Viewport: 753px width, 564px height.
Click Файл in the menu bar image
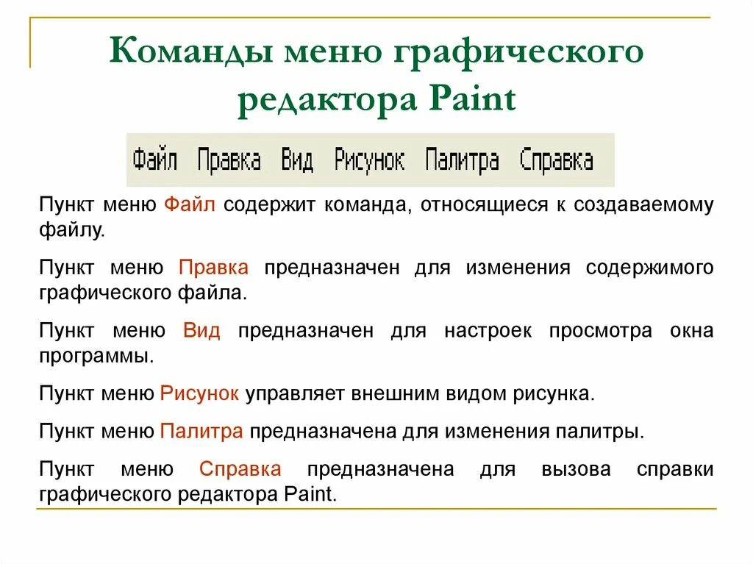[155, 160]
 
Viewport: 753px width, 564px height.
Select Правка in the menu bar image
[229, 160]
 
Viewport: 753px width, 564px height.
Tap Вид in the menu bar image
[297, 160]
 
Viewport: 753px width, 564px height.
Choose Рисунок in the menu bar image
[369, 160]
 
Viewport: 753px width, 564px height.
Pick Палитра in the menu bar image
[462, 160]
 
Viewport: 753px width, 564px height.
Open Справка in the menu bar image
[557, 160]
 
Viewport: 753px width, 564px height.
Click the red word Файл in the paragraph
[189, 204]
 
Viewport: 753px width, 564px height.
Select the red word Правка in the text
[213, 267]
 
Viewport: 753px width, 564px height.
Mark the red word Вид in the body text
[201, 330]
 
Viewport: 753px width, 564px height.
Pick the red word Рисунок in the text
[199, 393]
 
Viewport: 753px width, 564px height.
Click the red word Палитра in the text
[201, 431]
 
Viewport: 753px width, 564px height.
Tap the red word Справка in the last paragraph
[240, 469]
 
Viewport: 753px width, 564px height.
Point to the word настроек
[488, 330]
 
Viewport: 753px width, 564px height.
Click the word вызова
[576, 469]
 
